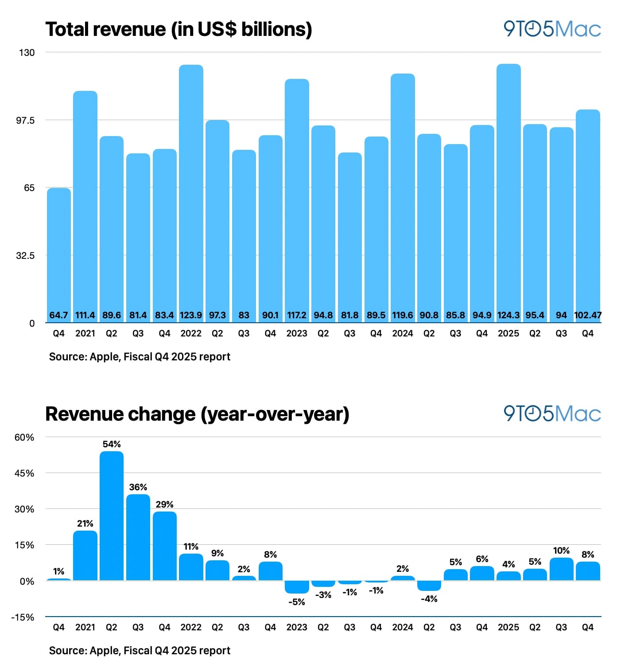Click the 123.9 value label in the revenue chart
[x=191, y=315]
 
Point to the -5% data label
[x=297, y=602]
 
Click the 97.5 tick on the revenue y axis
[x=25, y=121]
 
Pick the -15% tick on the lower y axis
[x=23, y=617]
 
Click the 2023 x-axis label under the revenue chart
[x=297, y=333]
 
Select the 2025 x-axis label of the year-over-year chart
[x=508, y=627]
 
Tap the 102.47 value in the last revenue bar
[x=588, y=315]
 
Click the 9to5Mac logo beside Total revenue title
[x=552, y=29]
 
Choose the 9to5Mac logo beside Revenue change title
[x=552, y=414]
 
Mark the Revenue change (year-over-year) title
[x=197, y=414]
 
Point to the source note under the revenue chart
[x=140, y=357]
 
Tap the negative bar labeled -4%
[x=429, y=586]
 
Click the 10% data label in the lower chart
[x=561, y=551]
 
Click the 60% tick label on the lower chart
[x=24, y=438]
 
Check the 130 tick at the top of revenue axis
[x=27, y=53]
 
